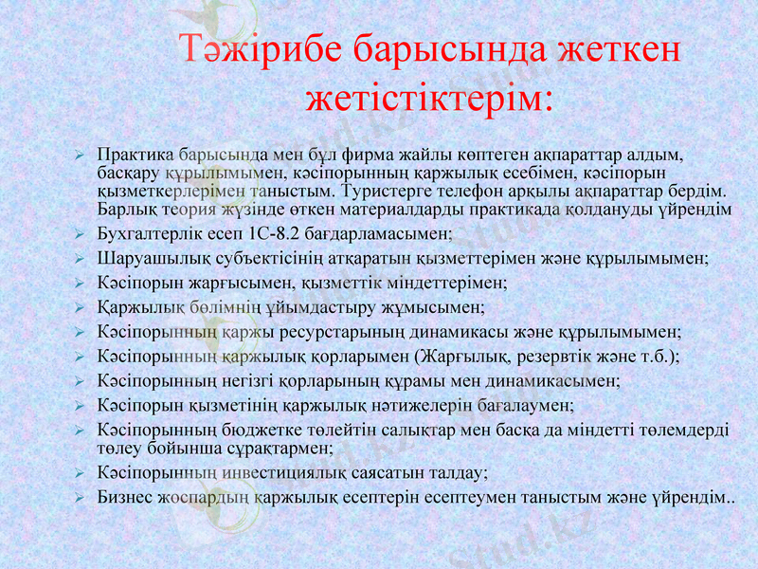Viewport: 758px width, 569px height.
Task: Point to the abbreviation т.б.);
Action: coord(659,357)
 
